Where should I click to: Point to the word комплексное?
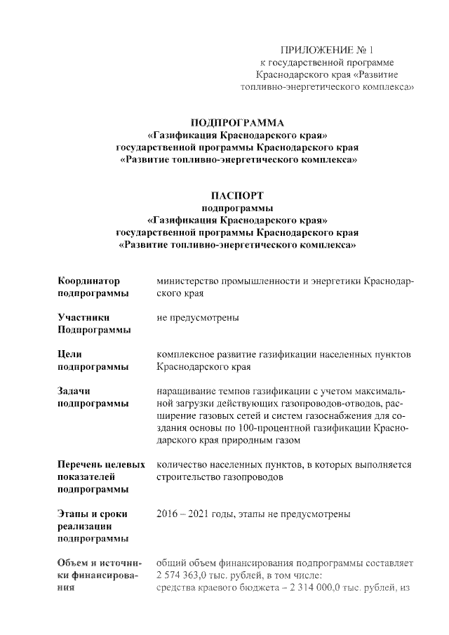tap(187, 354)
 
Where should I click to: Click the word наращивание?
tap(186, 391)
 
